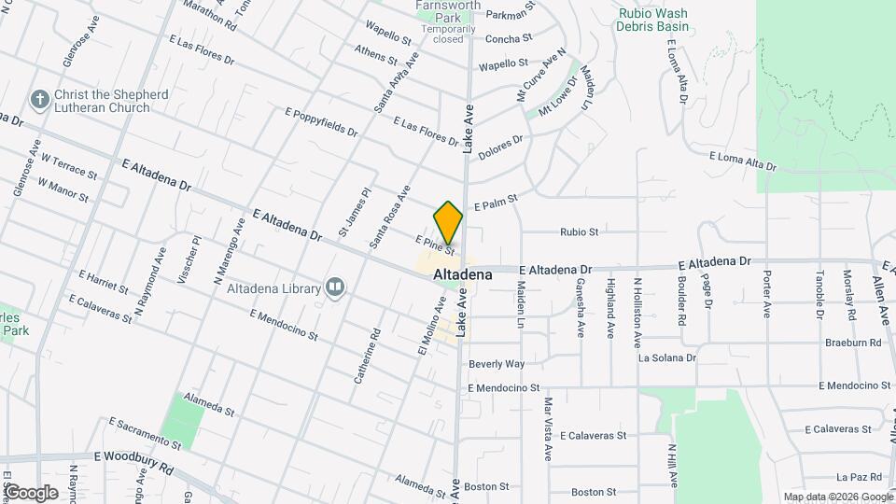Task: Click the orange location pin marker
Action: (448, 222)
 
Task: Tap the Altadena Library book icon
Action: (335, 287)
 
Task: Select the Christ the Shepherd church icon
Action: (39, 98)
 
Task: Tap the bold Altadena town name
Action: (463, 276)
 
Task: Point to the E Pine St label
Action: (434, 245)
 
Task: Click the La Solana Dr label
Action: (666, 357)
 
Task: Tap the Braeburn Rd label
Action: (853, 343)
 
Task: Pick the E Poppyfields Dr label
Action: (321, 122)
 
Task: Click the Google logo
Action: (31, 493)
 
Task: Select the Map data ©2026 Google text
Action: (837, 497)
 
